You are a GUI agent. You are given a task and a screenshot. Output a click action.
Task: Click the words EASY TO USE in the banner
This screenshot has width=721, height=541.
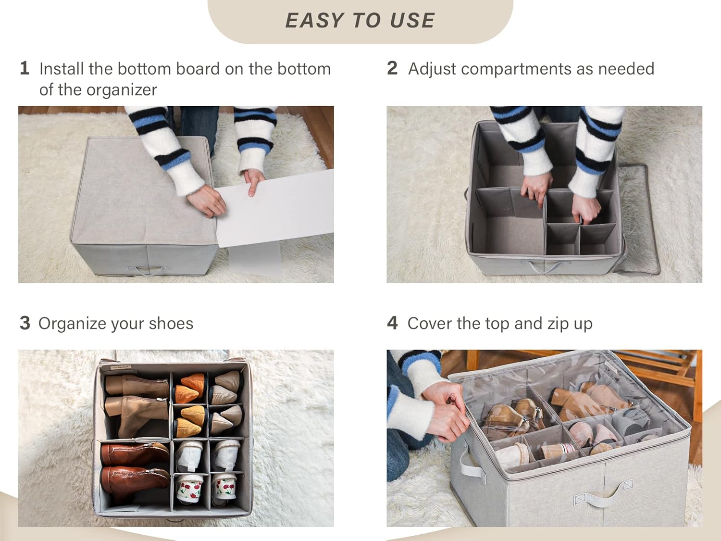click(x=360, y=21)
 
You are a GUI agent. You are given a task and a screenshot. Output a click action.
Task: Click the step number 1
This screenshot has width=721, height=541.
click(x=25, y=68)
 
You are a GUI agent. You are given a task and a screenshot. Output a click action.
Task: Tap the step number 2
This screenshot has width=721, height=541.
click(x=392, y=68)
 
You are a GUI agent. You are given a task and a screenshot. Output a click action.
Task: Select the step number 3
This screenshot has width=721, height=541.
click(x=25, y=323)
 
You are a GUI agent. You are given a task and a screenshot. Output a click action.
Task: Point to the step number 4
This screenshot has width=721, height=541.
click(x=392, y=323)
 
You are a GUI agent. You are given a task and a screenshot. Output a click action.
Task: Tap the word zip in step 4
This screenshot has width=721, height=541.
click(x=558, y=324)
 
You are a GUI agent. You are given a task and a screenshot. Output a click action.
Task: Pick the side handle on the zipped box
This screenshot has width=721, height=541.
click(x=470, y=464)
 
